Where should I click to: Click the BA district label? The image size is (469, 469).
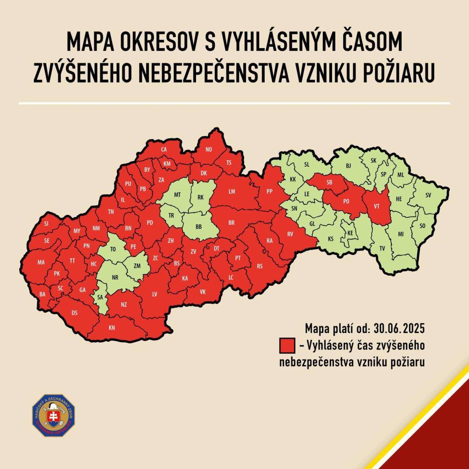point(43,294)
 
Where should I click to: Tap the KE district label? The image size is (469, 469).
point(350,233)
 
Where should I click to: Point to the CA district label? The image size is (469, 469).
point(164,150)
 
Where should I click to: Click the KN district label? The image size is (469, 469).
point(112,327)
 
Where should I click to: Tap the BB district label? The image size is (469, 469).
point(198,227)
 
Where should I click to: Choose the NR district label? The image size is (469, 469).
point(115,278)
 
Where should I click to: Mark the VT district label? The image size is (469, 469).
point(376,206)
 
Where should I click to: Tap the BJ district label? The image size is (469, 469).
point(348,165)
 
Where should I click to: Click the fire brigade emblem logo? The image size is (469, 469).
point(53,415)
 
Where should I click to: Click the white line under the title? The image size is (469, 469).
point(234,104)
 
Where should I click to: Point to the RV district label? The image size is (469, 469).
point(289,234)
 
